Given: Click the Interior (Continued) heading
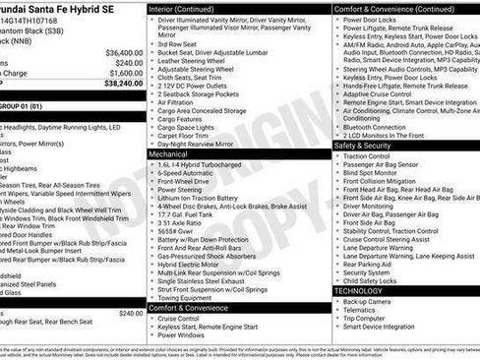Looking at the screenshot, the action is (188, 8).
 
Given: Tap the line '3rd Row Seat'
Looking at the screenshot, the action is (182, 43).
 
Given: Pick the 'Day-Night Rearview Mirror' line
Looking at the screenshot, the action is (205, 144).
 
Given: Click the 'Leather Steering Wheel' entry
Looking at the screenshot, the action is (196, 61).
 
